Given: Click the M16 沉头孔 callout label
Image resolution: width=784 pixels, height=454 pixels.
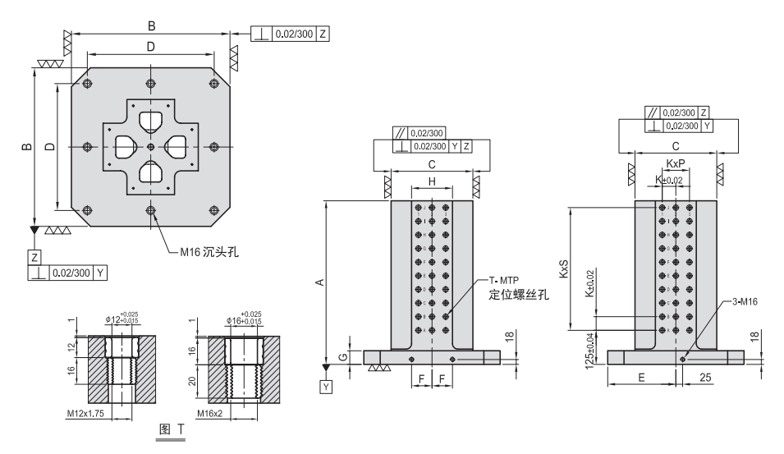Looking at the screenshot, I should coord(209,252).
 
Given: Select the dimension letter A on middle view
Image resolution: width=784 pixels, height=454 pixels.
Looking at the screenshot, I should coord(320,282).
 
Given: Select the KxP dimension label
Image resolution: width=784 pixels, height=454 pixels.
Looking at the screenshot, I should coord(676,163).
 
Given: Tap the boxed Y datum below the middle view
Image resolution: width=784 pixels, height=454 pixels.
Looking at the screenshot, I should coord(328,385).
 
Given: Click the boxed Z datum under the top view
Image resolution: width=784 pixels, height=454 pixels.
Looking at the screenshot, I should coord(34,256).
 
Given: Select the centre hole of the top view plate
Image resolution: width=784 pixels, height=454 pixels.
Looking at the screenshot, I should coord(150,147).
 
